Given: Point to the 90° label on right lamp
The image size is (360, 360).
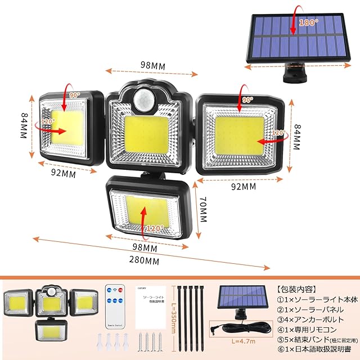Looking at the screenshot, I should pos(246,99).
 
